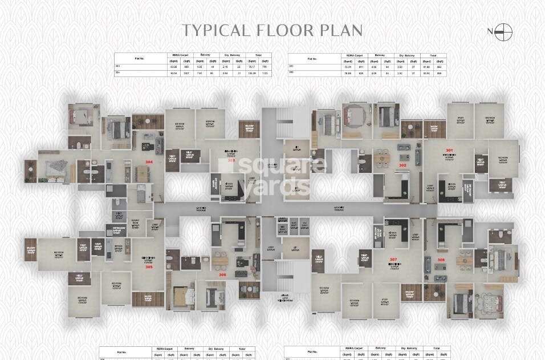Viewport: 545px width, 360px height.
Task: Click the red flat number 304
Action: [149, 162]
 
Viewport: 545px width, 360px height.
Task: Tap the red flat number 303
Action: [231, 161]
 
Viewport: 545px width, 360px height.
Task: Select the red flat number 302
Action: [402, 165]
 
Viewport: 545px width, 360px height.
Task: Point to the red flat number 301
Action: [449, 150]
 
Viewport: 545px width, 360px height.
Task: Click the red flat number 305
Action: [149, 266]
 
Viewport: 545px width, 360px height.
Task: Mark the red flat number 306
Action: [222, 274]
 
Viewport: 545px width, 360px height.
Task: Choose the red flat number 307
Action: [393, 260]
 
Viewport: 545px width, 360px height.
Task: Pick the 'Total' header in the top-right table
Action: [433, 56]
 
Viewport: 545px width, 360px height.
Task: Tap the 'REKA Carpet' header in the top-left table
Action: [174, 55]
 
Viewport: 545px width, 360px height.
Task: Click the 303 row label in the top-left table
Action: [118, 67]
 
